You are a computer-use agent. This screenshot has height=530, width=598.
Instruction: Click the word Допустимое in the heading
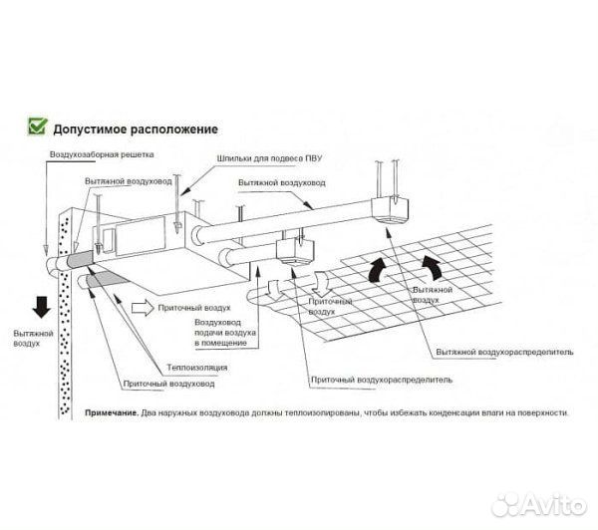(91, 129)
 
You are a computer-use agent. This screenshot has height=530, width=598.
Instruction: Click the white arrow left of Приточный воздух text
(144, 309)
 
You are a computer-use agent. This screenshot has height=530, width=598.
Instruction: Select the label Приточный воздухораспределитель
(382, 380)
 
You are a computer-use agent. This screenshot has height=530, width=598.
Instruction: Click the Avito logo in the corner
(542, 500)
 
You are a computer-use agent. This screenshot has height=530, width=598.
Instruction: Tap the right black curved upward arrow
(433, 266)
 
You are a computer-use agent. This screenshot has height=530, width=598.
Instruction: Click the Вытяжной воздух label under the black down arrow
(27, 338)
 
